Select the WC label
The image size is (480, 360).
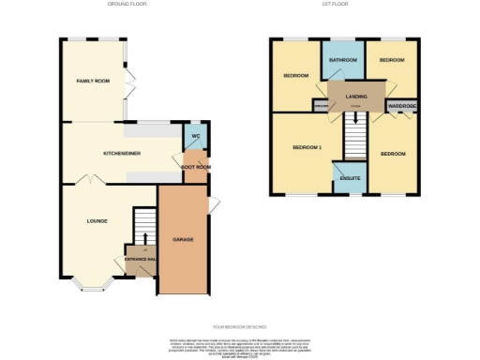[x=196, y=137]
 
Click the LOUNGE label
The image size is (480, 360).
[x=97, y=221]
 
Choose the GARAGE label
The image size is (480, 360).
[x=182, y=240]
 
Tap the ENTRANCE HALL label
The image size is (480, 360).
[x=140, y=258]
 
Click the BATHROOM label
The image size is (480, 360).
[x=343, y=60]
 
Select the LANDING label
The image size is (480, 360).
[x=355, y=96]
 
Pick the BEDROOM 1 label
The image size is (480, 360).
[x=307, y=147]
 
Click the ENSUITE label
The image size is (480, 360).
[x=349, y=177]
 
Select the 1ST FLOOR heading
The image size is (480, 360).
[x=342, y=5]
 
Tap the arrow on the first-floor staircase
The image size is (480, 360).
[x=354, y=118]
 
